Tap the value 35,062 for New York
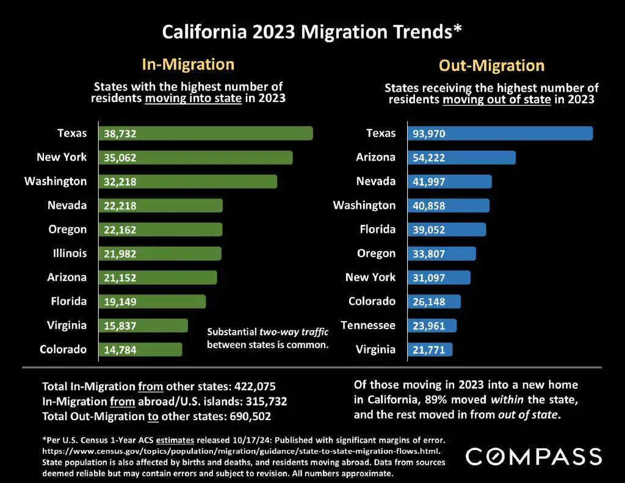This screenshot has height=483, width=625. tap(120, 158)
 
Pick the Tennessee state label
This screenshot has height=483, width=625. tap(368, 325)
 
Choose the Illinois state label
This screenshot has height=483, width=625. tap(68, 253)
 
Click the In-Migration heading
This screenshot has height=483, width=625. tap(188, 64)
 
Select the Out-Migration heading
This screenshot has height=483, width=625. tap(491, 65)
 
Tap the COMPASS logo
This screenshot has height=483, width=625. tap(533, 456)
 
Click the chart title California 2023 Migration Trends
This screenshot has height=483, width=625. tap(311, 32)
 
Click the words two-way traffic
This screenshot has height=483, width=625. tap(294, 332)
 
